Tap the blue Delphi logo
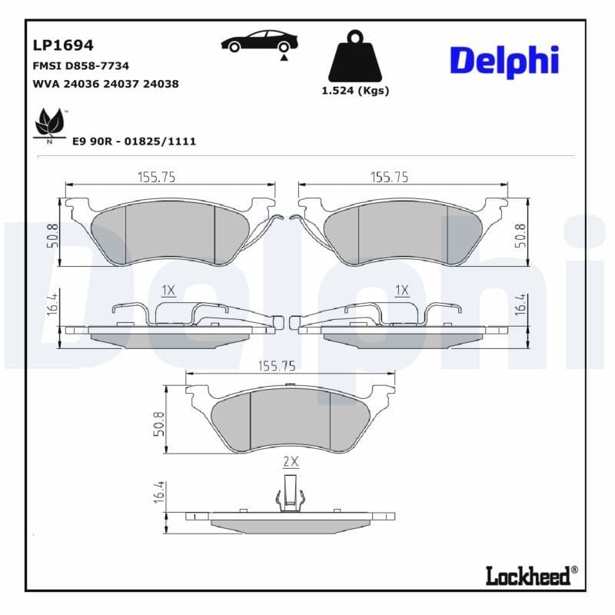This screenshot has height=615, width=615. (504, 61)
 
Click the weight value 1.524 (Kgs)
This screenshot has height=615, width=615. (354, 91)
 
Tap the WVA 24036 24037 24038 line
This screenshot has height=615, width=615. (105, 84)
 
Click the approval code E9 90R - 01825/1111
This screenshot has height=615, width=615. (134, 141)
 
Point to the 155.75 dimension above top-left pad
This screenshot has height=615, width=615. (157, 176)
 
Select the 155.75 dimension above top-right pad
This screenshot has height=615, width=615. (389, 176)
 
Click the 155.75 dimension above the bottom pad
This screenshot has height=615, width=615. (277, 367)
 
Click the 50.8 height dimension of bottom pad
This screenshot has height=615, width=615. (159, 423)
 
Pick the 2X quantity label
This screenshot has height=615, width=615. (291, 461)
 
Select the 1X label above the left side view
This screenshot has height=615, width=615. (168, 290)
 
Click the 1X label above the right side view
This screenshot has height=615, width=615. (401, 290)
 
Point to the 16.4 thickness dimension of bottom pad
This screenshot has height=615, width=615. (159, 492)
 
